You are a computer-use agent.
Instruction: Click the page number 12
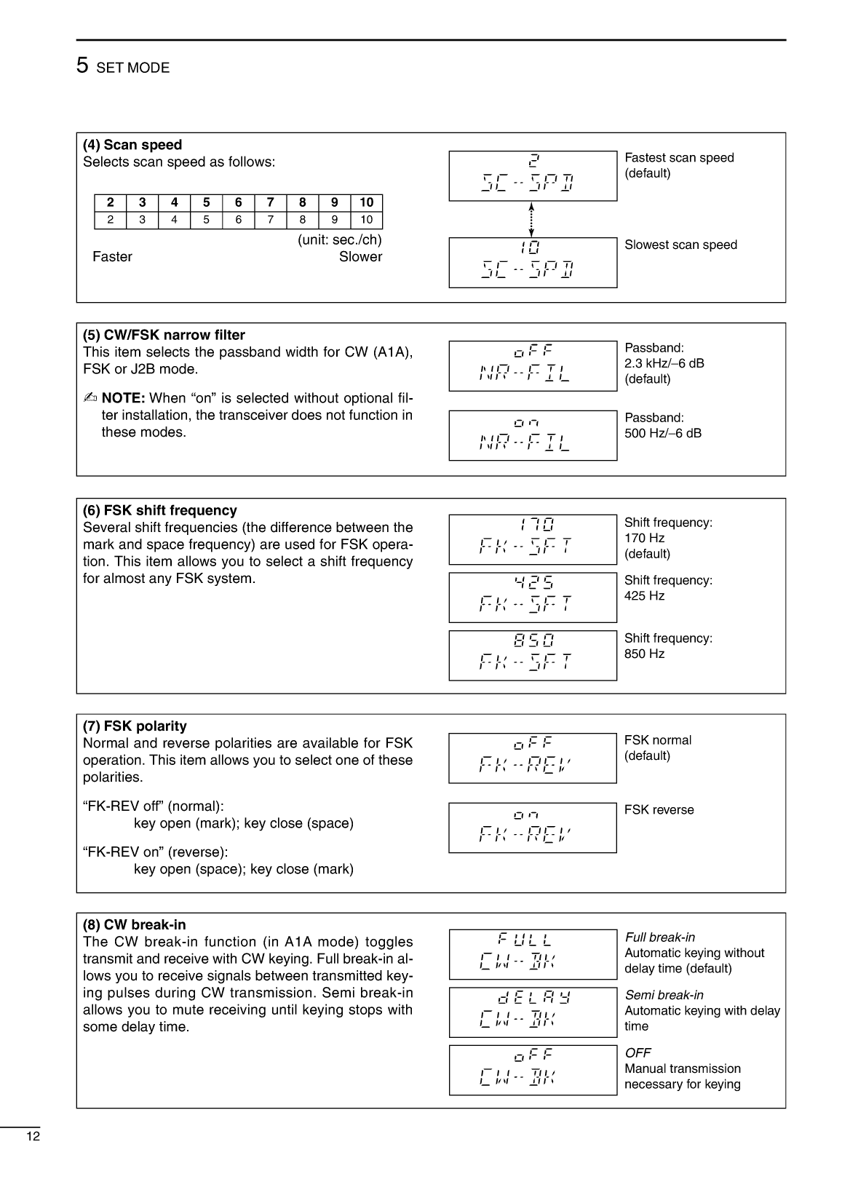[x=33, y=1137]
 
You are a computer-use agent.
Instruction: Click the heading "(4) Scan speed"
[x=132, y=145]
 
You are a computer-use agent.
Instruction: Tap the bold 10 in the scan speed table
[x=366, y=202]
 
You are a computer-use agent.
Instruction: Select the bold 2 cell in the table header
[x=111, y=202]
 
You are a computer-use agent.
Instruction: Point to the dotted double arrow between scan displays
[x=532, y=219]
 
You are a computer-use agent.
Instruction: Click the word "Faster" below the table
[x=113, y=257]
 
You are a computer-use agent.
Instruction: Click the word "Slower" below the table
[x=360, y=257]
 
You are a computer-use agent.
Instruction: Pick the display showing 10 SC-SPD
[x=533, y=263]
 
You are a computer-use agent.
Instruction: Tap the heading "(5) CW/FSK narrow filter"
[x=164, y=335]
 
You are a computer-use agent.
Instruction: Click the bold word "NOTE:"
[x=123, y=398]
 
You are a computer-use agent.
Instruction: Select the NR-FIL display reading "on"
[x=533, y=435]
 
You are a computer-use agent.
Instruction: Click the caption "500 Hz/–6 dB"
[x=663, y=433]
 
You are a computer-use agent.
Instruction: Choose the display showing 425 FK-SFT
[x=533, y=598]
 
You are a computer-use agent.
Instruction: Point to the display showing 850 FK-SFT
[x=533, y=655]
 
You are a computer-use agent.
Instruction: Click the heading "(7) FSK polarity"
[x=135, y=726]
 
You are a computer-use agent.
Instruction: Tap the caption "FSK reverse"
[x=659, y=809]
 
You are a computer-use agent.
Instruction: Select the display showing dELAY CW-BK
[x=533, y=1012]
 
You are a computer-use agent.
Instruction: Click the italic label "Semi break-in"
[x=664, y=995]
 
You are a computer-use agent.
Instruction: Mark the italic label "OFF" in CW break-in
[x=638, y=1052]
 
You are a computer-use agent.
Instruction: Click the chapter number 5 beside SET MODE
[x=82, y=66]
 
